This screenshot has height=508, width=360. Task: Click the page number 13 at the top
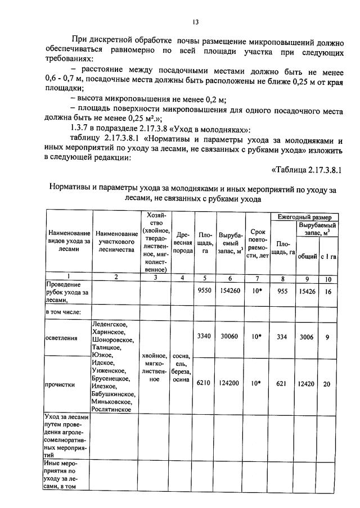195,22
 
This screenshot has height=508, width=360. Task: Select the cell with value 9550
204,291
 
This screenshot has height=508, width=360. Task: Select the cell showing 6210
204,384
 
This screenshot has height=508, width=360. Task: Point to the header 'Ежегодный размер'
304,217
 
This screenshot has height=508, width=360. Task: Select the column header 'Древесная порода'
183,242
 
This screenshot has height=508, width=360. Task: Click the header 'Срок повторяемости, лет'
256,242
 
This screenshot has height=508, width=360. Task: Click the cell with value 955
283,291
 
